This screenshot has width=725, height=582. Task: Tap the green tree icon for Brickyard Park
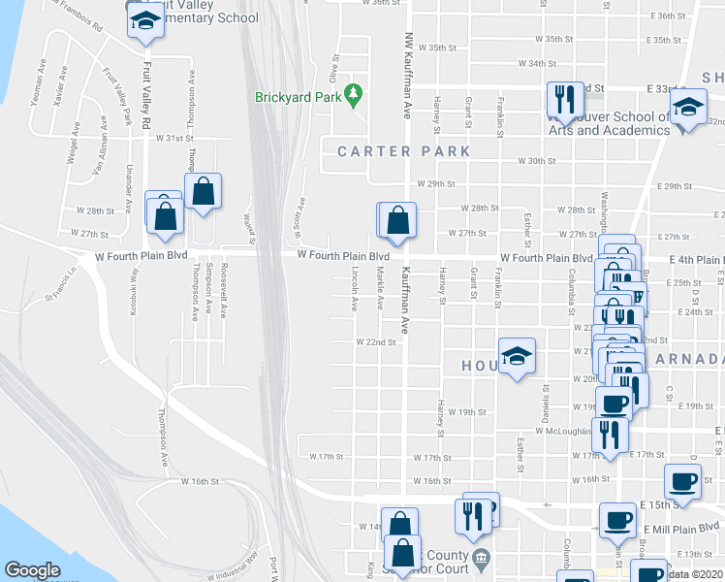(355, 94)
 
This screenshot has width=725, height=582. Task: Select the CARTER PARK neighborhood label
(403, 151)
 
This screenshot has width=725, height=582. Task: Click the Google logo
(32, 570)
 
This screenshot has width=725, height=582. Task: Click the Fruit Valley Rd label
(148, 97)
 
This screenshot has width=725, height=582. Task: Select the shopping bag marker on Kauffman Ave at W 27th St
(397, 221)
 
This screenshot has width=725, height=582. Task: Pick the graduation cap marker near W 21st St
(518, 355)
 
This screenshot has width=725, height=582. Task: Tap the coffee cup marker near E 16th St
(682, 482)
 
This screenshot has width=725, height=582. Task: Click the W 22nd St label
(376, 342)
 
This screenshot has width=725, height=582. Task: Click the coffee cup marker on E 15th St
(617, 521)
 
